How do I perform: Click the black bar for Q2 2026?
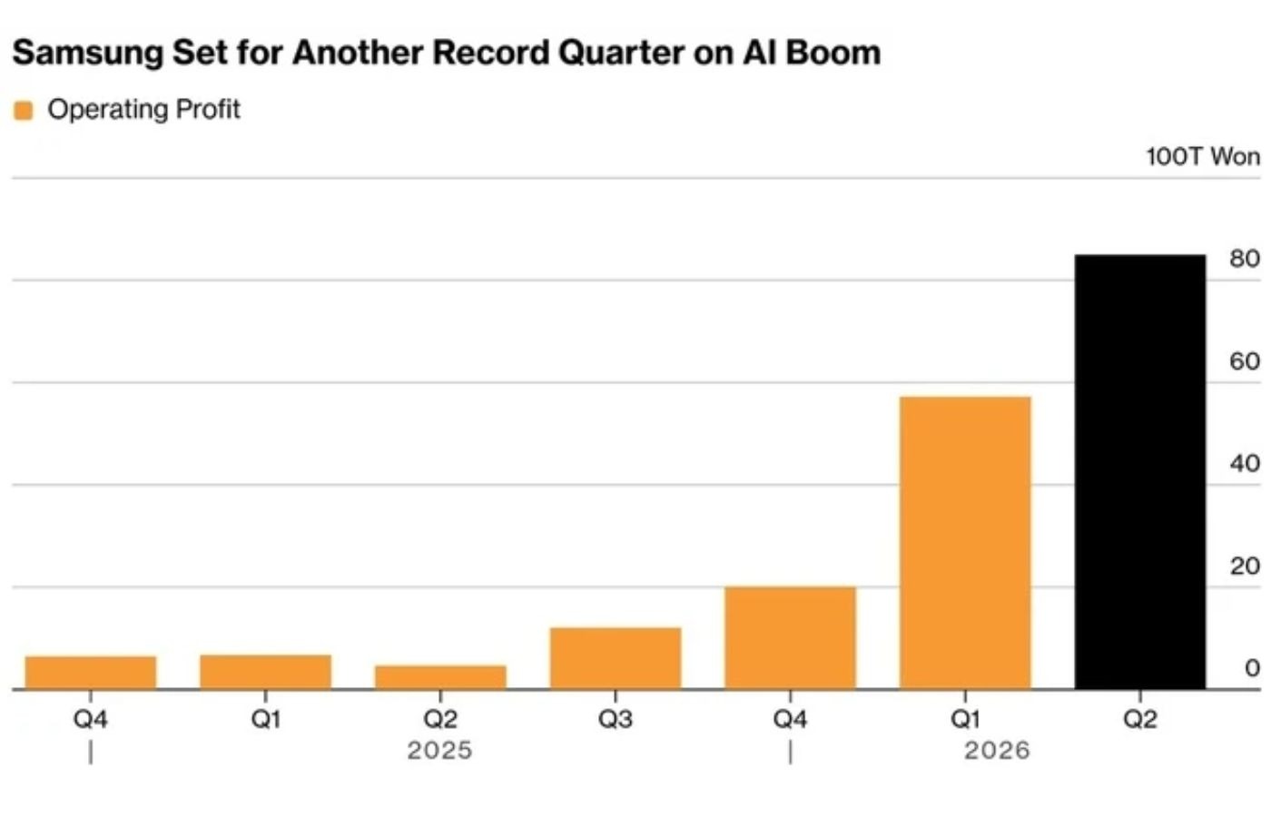pyautogui.click(x=1140, y=472)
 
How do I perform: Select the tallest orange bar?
pyautogui.click(x=965, y=543)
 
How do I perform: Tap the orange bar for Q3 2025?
pyautogui.click(x=616, y=658)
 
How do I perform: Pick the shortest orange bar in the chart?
pyautogui.click(x=440, y=677)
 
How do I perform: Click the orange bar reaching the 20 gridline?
pyautogui.click(x=791, y=637)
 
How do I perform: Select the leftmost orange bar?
pyautogui.click(x=91, y=673)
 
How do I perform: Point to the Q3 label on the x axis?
pyautogui.click(x=616, y=719)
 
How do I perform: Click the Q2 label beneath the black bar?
pyautogui.click(x=1140, y=719)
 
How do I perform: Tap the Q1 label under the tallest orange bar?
pyautogui.click(x=965, y=719)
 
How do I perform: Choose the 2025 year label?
pyautogui.click(x=439, y=751)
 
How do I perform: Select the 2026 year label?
pyautogui.click(x=997, y=751)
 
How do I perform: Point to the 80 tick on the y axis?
pyautogui.click(x=1245, y=259)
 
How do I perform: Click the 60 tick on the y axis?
pyautogui.click(x=1245, y=361)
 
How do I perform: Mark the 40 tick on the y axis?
pyautogui.click(x=1245, y=464)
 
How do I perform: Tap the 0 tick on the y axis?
pyautogui.click(x=1253, y=668)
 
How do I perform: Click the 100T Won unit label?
pyautogui.click(x=1204, y=156)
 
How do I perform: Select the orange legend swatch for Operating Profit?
pyautogui.click(x=24, y=111)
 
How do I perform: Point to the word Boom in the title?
pyautogui.click(x=833, y=53)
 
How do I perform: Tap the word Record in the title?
pyautogui.click(x=491, y=53)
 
